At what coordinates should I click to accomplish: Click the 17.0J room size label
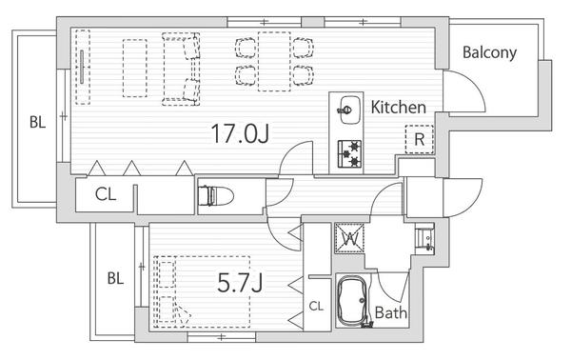click(x=240, y=133)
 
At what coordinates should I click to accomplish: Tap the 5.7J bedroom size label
click(x=240, y=283)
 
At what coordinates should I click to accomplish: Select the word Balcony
click(x=489, y=53)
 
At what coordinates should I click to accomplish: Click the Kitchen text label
click(x=399, y=108)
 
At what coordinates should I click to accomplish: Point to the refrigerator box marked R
click(x=420, y=139)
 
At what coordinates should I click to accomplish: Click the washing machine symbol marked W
click(x=349, y=238)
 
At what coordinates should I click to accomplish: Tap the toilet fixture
click(x=216, y=196)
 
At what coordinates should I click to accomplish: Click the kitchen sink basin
click(x=349, y=110)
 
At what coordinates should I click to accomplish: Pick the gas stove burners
click(x=349, y=153)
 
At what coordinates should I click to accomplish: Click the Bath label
click(x=391, y=312)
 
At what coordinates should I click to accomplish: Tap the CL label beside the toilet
click(x=106, y=194)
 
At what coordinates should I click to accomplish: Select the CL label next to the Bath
click(x=316, y=306)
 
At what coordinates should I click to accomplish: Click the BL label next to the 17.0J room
click(x=37, y=122)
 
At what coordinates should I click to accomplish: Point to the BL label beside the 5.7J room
click(x=115, y=279)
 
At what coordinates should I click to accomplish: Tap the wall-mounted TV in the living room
click(x=82, y=67)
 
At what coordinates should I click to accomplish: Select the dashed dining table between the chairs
click(x=275, y=61)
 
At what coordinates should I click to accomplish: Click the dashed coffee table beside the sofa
click(x=135, y=69)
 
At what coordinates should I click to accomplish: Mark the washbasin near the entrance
click(x=424, y=239)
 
